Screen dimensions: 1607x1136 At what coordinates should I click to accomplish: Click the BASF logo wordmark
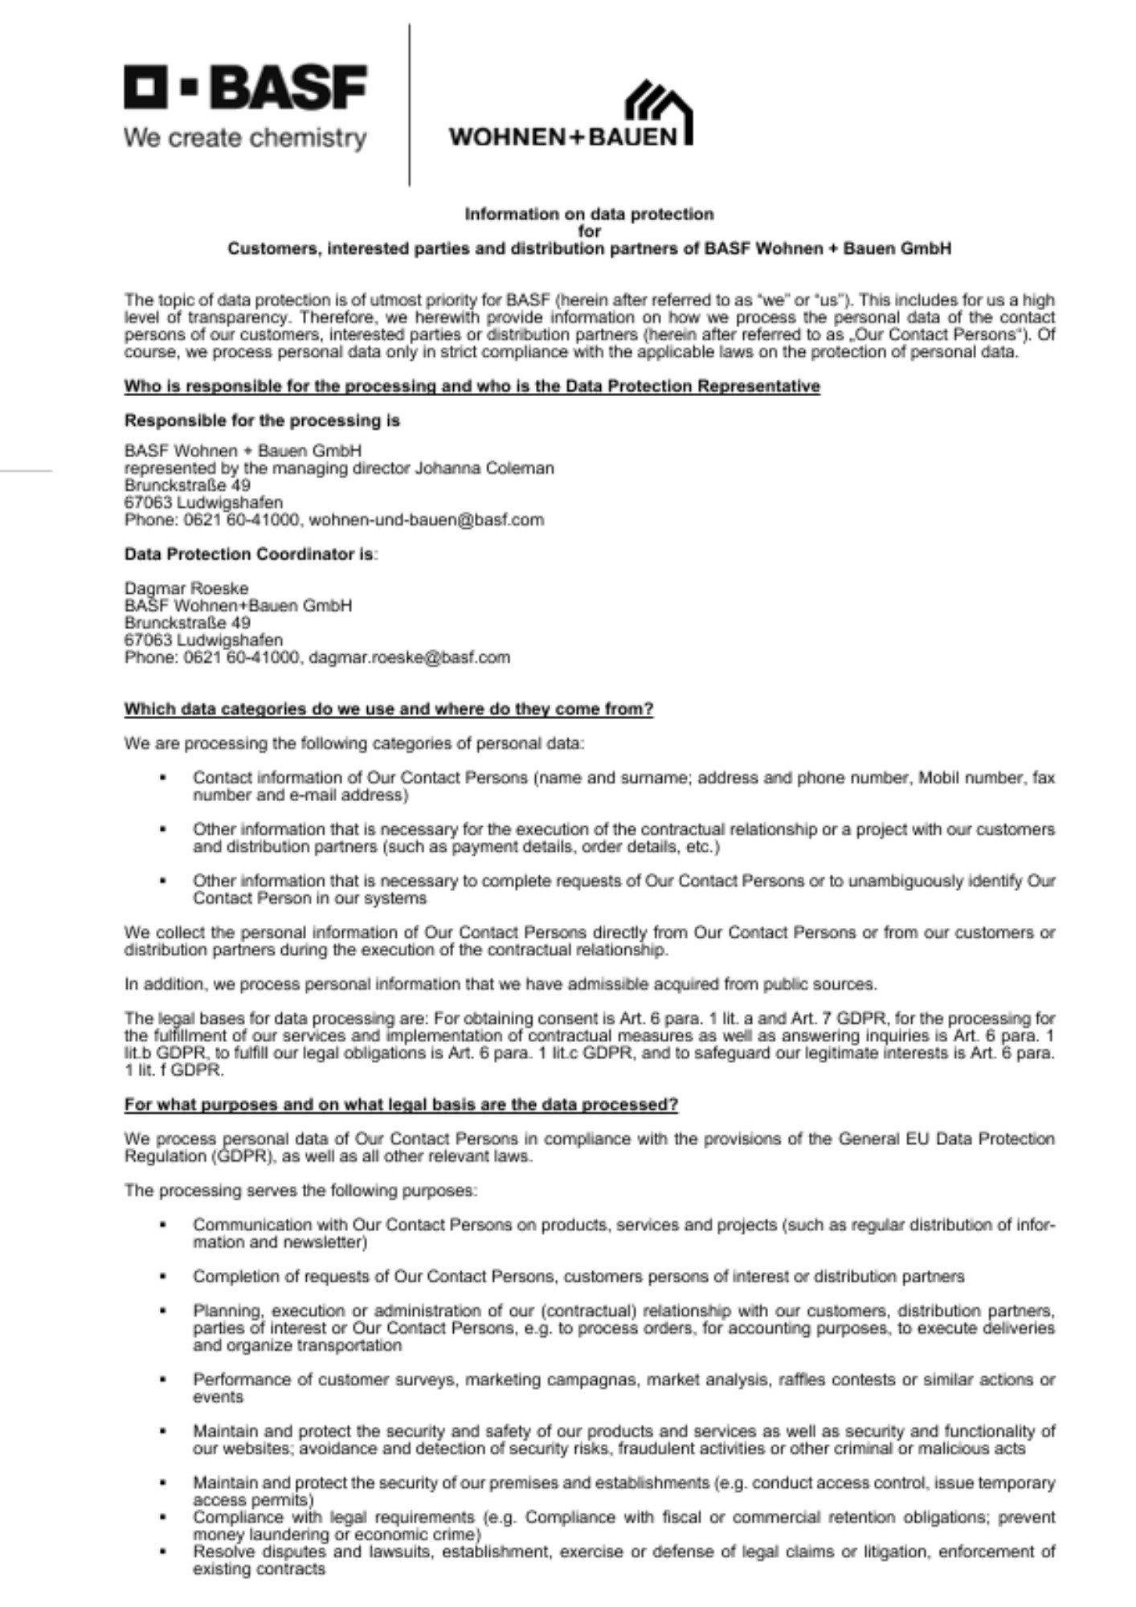(245, 88)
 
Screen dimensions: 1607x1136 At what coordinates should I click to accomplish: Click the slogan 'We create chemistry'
(245, 138)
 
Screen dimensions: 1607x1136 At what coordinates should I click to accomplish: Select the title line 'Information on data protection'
(589, 214)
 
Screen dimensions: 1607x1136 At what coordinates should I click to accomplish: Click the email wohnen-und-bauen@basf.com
(426, 520)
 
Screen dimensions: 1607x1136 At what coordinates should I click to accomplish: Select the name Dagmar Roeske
(186, 588)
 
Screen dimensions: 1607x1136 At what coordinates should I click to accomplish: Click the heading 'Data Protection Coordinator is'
(249, 554)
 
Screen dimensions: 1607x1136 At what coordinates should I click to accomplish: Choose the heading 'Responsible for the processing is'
(262, 421)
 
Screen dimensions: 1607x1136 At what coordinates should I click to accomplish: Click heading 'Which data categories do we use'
(388, 709)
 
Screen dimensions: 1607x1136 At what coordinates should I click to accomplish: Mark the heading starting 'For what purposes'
(401, 1105)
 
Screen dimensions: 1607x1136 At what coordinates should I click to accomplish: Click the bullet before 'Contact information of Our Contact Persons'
(163, 778)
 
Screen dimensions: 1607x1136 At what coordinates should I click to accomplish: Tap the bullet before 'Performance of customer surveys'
(163, 1380)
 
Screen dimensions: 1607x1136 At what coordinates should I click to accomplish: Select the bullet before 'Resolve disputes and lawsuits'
(163, 1552)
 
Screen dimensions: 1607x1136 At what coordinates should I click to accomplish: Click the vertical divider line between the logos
(410, 104)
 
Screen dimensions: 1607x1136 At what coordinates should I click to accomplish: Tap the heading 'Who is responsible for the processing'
(472, 386)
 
